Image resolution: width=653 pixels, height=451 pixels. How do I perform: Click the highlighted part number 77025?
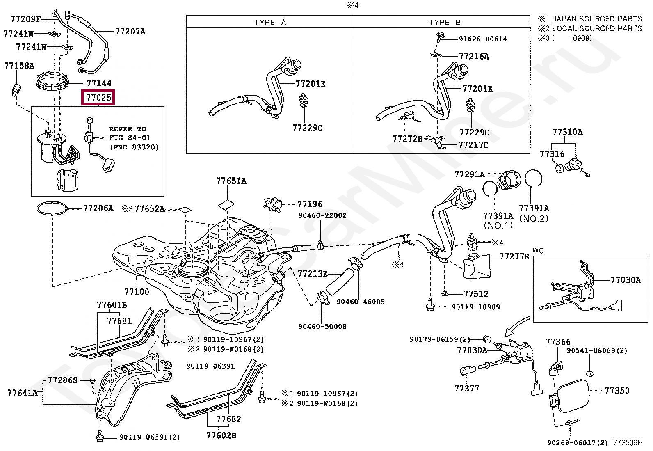click(x=98, y=97)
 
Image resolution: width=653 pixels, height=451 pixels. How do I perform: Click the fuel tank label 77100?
click(x=137, y=292)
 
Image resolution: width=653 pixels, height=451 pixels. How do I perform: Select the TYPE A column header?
click(x=270, y=22)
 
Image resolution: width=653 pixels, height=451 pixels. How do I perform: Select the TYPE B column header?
click(x=445, y=22)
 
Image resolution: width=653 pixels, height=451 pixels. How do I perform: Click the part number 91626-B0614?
click(x=482, y=39)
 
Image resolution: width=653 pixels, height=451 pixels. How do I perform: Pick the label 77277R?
click(x=514, y=256)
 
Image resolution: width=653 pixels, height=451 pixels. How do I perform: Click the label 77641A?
click(x=22, y=393)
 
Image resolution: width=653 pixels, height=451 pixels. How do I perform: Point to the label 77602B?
click(x=221, y=435)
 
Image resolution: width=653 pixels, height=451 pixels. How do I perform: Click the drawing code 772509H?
click(x=628, y=443)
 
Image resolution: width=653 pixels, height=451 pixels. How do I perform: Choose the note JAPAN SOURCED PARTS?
click(x=597, y=18)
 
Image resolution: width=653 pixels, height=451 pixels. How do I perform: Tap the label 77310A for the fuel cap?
click(x=567, y=132)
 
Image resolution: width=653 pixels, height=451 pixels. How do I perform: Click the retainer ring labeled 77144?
click(x=52, y=82)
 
